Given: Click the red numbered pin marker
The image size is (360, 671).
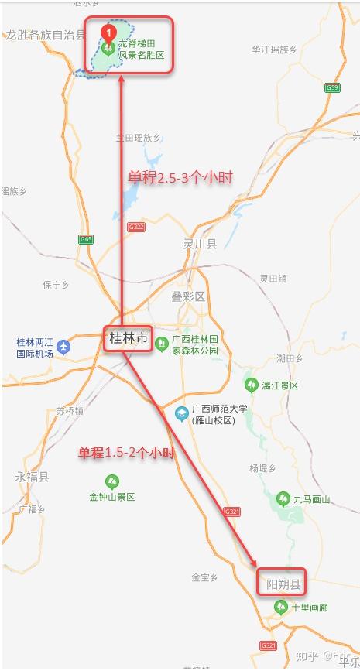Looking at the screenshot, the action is [109, 33].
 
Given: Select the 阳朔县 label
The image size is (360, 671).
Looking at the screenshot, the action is [283, 584].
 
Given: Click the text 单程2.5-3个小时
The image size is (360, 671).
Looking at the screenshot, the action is [180, 177].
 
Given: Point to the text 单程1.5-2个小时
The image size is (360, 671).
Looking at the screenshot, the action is [126, 453].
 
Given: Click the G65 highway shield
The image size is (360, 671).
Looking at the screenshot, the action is [85, 240].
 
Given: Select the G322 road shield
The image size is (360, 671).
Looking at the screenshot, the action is [136, 227].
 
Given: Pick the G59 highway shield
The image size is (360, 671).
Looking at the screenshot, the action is [333, 87].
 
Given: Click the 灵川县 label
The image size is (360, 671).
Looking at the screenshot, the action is [200, 244].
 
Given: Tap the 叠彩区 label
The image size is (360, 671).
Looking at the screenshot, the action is [188, 296].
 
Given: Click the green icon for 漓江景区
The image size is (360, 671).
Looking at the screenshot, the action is [251, 385].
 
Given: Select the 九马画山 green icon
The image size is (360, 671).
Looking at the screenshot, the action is [285, 499].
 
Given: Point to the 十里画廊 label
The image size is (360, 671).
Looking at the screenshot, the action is [310, 608].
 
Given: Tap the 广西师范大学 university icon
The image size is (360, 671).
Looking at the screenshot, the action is [182, 414].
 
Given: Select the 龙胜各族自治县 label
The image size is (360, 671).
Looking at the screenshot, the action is [45, 35].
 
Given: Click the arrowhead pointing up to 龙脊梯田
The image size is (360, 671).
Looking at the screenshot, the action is [122, 80].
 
